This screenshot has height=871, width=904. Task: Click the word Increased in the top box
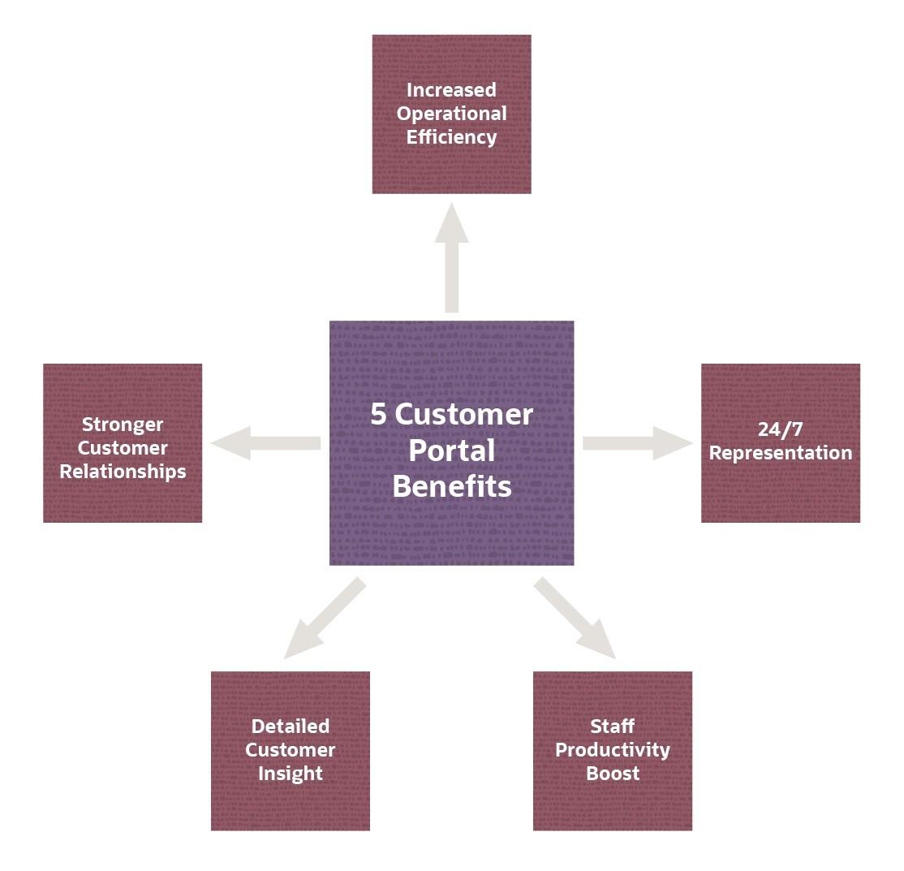(451, 90)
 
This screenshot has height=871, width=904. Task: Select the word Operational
(451, 114)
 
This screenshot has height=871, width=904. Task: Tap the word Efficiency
(451, 137)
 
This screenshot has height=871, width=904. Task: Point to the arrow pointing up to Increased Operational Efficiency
(451, 258)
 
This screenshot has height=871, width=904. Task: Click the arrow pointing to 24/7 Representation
(638, 443)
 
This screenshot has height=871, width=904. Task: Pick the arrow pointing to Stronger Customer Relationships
(266, 443)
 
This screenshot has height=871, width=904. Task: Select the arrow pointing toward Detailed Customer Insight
(325, 618)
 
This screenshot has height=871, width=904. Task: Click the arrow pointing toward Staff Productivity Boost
(575, 618)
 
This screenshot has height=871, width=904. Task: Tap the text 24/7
(780, 429)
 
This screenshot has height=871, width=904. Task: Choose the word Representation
(781, 454)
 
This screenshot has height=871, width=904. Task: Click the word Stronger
(123, 425)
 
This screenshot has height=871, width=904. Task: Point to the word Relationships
(123, 472)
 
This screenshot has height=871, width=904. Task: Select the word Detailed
(291, 727)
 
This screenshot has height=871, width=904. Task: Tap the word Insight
(291, 774)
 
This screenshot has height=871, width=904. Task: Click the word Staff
(613, 727)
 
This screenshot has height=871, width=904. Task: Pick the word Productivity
(613, 750)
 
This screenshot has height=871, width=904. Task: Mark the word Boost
(613, 774)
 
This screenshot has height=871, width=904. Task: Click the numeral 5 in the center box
(378, 415)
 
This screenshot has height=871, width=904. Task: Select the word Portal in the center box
(451, 451)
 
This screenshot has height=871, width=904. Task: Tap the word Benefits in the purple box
(452, 486)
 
